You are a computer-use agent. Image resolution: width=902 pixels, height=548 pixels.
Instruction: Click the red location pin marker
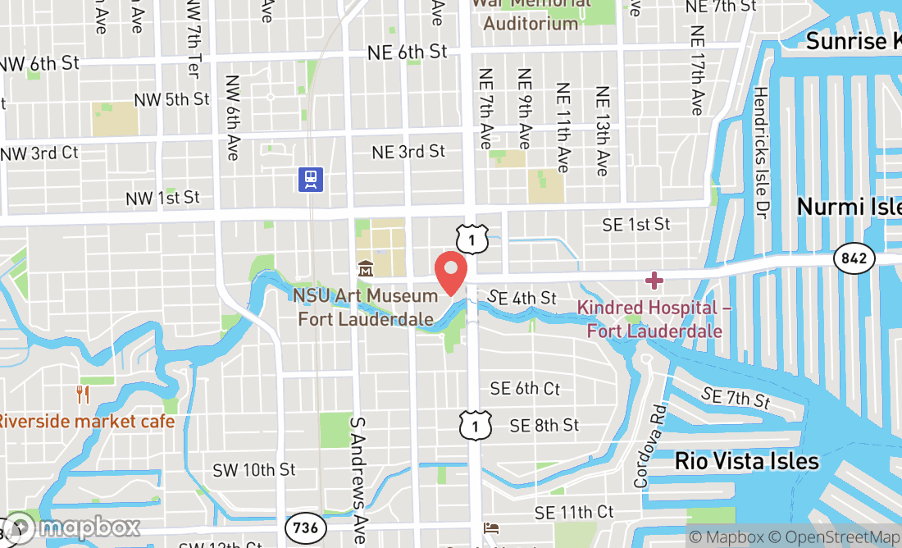coord(450,272)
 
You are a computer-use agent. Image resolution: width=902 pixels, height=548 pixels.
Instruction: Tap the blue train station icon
coord(311,179)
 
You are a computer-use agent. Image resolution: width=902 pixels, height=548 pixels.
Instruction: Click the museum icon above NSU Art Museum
coord(365,268)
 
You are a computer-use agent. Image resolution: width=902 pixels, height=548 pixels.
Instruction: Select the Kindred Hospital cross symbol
coord(654,281)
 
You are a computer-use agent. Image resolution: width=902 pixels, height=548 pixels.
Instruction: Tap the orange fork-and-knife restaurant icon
coord(82,395)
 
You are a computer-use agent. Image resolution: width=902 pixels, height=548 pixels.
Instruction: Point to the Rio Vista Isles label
coord(746,461)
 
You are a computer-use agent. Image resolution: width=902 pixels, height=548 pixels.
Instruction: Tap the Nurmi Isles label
coord(849,206)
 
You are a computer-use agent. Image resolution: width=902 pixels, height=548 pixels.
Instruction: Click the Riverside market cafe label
coord(86,422)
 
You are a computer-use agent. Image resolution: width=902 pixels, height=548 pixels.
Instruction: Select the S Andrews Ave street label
coord(358,479)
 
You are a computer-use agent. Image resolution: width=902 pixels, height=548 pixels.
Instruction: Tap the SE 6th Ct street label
coord(525,388)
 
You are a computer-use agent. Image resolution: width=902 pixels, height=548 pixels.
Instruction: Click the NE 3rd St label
coord(408,152)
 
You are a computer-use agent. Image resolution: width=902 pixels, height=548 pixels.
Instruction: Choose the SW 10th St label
coord(253,470)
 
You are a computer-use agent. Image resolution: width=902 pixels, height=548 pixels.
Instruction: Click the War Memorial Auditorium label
coord(531,14)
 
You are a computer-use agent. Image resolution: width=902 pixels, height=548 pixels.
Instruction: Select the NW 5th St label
coord(172,100)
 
